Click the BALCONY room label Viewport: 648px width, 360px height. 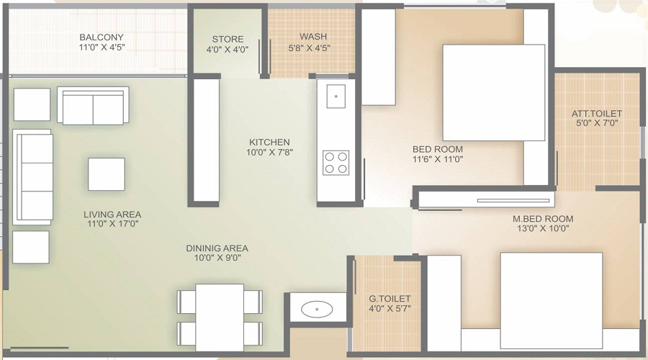pos(102,37)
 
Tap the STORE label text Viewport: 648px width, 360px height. pos(228,40)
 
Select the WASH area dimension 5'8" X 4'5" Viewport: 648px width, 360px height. pos(309,48)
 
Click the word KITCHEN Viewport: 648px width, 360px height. pos(269,142)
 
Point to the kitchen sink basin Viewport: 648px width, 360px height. pos(336,96)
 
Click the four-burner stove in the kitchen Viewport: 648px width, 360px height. pos(336,163)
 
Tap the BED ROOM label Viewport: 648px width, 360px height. pos(438,149)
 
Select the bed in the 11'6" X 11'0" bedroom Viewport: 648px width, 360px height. pos(494,93)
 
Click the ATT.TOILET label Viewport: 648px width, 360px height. pos(597,113)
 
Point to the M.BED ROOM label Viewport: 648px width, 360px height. pos(543,219)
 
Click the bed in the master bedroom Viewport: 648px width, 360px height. pos(552,301)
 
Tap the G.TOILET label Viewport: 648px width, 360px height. pos(390,298)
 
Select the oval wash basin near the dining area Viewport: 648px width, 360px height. pos(317,309)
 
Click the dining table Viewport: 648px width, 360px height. pos(220,318)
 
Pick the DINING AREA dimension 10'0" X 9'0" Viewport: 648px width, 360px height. pos(217,258)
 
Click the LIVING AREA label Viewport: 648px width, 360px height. pos(112,215)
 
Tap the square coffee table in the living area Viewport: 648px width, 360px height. pos(107,174)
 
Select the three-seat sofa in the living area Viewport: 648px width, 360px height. pos(32,177)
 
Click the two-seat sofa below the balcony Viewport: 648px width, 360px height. pos(93,105)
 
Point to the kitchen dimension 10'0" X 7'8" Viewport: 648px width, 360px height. pos(269,152)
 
